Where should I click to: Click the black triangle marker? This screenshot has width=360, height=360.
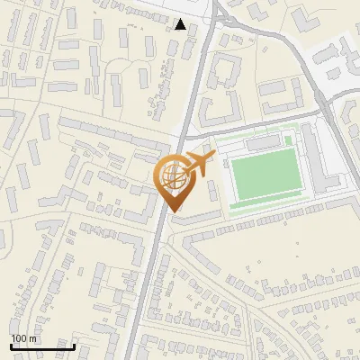[x=182, y=25]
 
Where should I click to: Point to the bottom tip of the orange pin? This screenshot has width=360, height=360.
[x=172, y=211]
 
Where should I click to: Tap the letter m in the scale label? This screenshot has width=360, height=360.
[x=33, y=338]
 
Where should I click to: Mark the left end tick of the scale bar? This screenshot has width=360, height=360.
[x=11, y=346]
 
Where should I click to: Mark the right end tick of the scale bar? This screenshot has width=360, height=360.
[x=74, y=346]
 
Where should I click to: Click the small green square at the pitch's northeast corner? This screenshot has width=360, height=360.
[x=288, y=140]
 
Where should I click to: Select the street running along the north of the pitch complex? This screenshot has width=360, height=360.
[x=261, y=123]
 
